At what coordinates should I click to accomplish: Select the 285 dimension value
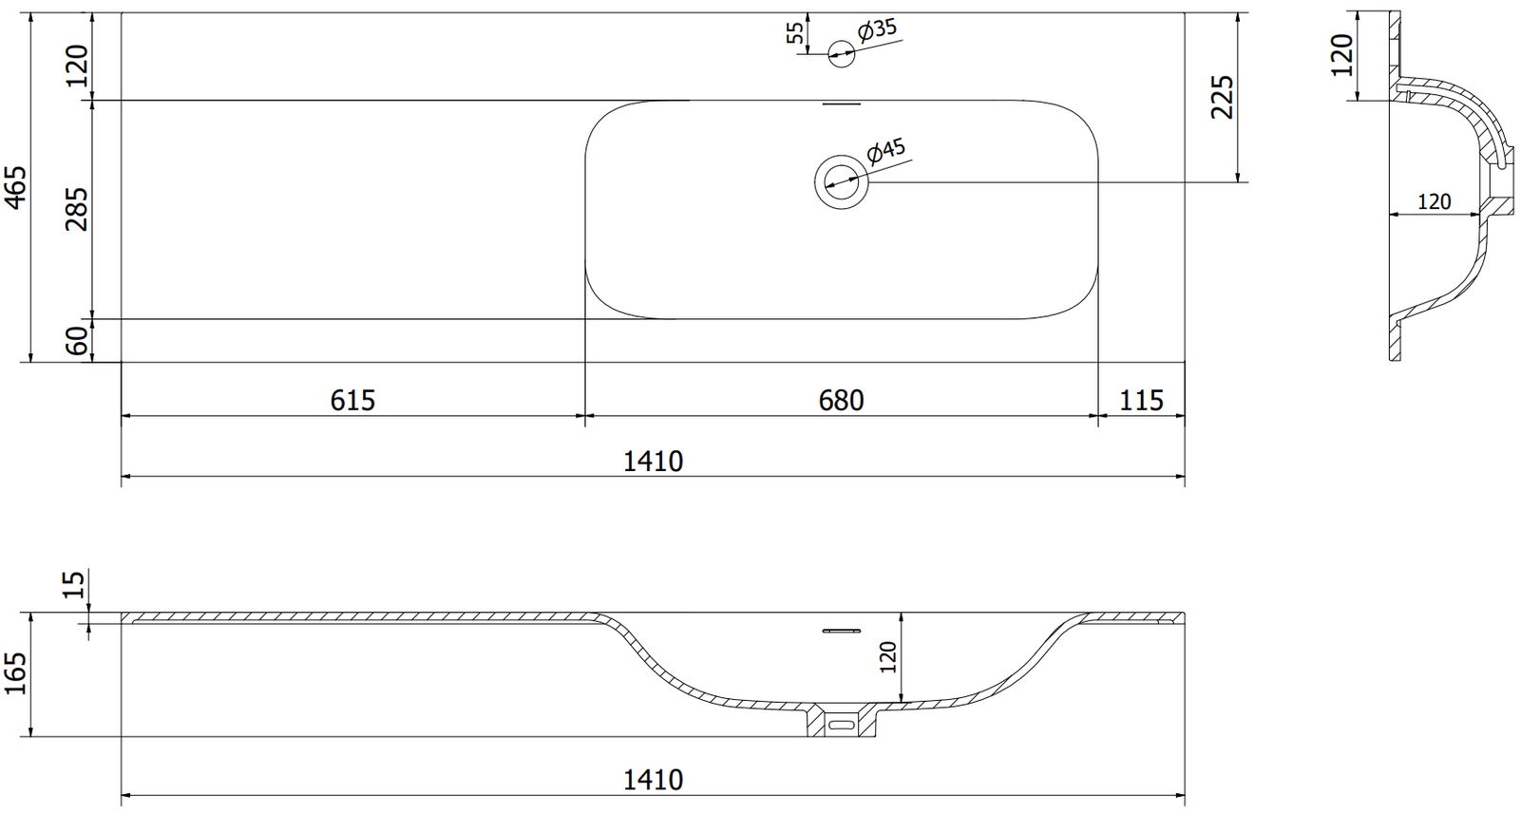(76, 209)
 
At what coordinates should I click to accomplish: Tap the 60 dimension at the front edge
(78, 341)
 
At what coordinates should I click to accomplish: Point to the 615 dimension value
(352, 401)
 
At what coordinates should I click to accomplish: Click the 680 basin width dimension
(842, 401)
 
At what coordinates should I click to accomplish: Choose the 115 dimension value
(1141, 401)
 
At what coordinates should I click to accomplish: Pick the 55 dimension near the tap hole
(795, 32)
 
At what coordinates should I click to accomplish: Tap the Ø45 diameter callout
(886, 152)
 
